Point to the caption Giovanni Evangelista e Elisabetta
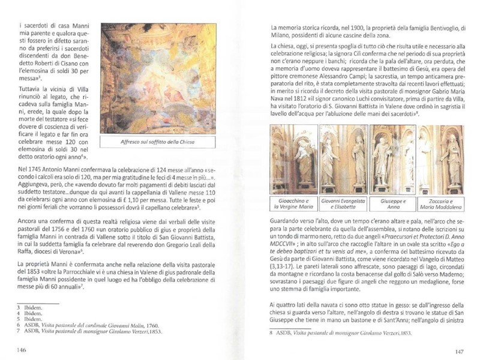(343, 203)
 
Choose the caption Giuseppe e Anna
(393, 203)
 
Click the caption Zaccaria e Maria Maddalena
(442, 203)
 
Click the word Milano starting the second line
(281, 36)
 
